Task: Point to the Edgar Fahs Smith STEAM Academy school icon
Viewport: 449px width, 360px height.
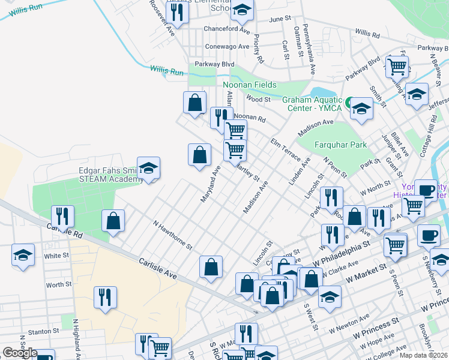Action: [148, 169]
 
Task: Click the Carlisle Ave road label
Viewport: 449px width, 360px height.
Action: [157, 268]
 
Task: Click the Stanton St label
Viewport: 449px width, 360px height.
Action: [44, 330]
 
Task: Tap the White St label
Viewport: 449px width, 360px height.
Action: [56, 256]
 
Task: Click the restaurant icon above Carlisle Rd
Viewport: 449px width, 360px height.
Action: [62, 216]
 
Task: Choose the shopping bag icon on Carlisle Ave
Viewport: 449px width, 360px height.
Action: [211, 267]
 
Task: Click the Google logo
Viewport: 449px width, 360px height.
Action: [20, 353]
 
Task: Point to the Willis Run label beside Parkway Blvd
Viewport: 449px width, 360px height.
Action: [166, 71]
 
